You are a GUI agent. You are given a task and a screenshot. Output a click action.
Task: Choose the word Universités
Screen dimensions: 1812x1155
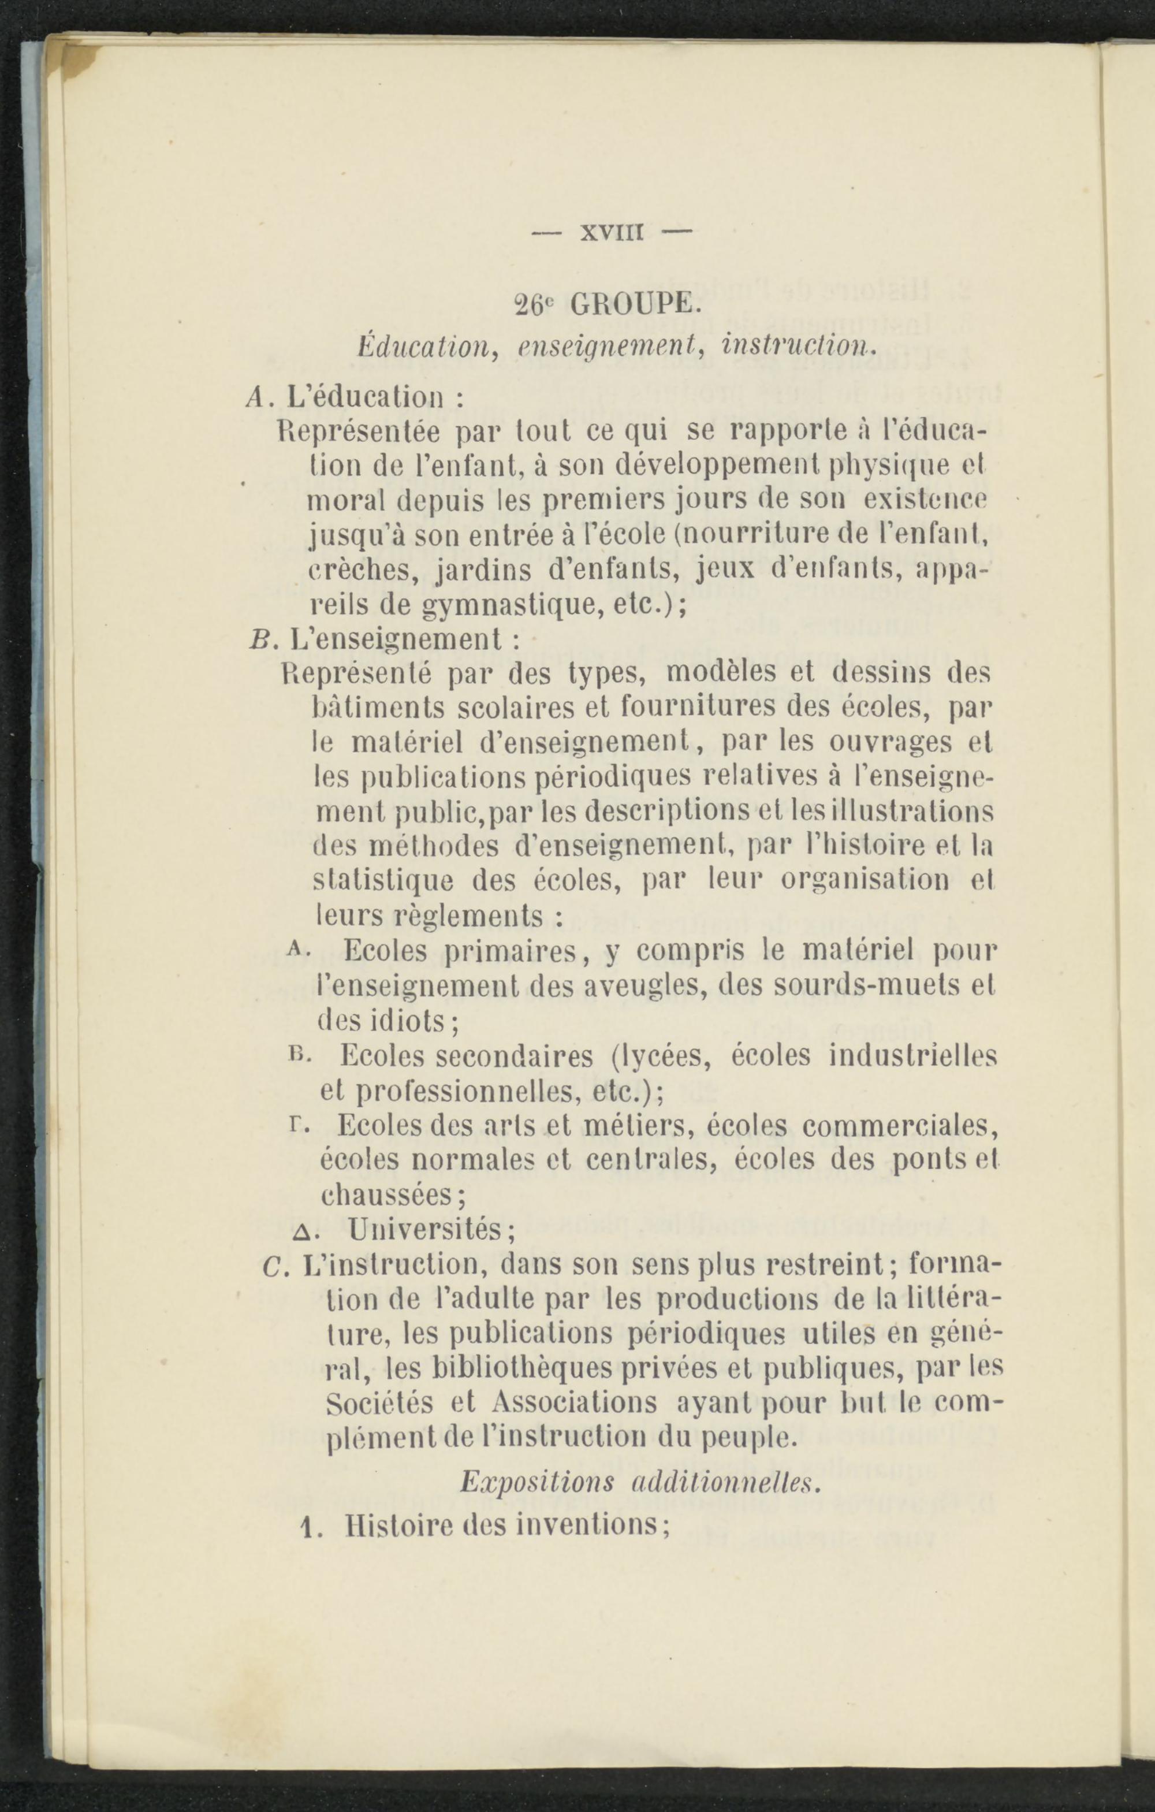(x=425, y=1231)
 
